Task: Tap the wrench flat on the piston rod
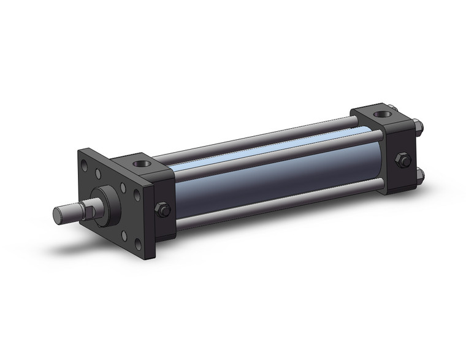pos(88,212)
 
